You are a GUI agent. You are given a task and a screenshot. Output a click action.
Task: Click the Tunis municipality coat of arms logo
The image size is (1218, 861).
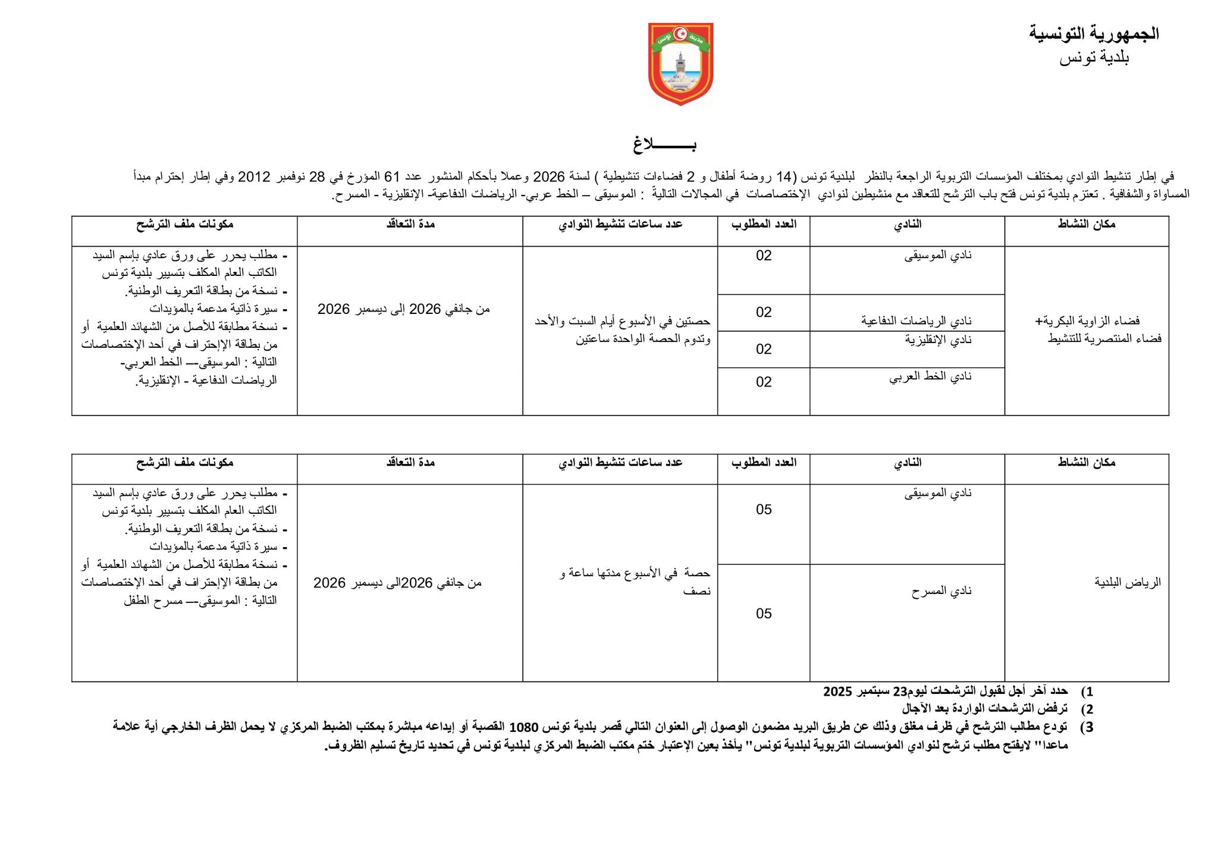point(680,64)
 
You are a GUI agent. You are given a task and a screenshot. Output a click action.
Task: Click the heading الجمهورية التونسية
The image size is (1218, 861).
point(1094,34)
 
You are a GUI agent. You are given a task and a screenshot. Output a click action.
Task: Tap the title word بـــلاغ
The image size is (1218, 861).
point(664,144)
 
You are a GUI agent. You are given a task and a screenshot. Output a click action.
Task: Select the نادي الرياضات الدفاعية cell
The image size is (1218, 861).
point(916,321)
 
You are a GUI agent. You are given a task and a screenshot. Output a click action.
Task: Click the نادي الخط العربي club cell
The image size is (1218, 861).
point(930,376)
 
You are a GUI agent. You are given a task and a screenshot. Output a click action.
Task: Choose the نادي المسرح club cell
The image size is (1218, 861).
point(941,591)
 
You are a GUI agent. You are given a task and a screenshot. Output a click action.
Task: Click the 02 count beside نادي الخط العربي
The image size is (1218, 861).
point(764,382)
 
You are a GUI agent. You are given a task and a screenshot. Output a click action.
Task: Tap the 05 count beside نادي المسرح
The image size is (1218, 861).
point(764,613)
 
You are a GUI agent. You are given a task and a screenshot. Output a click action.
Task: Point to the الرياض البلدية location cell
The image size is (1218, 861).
point(1128,582)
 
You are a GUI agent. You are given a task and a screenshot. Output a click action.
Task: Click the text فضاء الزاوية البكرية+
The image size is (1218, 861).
point(1098,321)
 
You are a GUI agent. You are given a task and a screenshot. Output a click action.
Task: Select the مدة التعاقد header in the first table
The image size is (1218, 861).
point(410,224)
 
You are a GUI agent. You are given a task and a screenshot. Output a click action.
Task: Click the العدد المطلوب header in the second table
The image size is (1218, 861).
point(764,462)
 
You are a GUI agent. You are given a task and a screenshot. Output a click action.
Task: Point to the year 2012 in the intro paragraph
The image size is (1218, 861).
point(255,177)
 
